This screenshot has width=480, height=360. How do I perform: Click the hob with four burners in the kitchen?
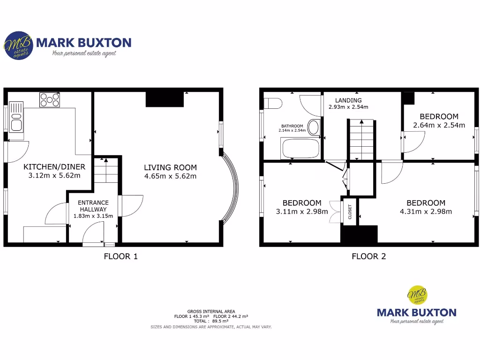(x=50, y=99)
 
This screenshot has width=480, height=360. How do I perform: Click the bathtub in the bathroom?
(x=300, y=149)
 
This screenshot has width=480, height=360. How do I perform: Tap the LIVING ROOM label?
(x=170, y=167)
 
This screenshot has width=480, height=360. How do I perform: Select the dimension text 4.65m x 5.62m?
(x=170, y=176)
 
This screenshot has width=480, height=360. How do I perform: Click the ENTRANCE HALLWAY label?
(x=93, y=206)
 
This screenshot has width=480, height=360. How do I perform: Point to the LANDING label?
(x=348, y=100)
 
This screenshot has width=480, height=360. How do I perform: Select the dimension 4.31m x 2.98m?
(x=426, y=211)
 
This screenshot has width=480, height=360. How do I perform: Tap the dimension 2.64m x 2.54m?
(x=439, y=125)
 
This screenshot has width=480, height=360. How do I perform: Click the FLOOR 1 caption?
(x=120, y=256)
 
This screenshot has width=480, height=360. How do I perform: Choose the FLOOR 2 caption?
(x=369, y=256)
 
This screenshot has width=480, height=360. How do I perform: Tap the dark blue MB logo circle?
(x=17, y=45)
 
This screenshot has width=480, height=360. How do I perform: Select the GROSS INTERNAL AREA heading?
(x=211, y=311)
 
